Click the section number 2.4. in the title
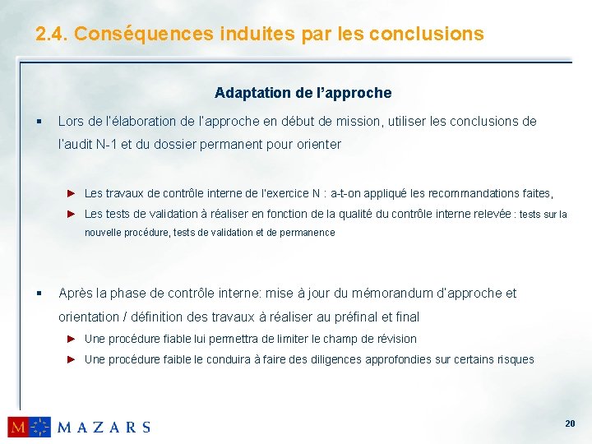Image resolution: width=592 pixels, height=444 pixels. click(x=52, y=34)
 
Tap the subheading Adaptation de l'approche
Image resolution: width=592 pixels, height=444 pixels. click(x=303, y=93)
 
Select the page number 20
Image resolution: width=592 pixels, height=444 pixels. click(x=570, y=423)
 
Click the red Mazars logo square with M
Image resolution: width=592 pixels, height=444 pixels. click(x=18, y=427)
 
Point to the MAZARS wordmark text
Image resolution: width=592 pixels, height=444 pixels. click(x=104, y=427)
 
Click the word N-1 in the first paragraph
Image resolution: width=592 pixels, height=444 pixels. click(x=107, y=144)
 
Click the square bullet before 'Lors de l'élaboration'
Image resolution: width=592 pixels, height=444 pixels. click(x=39, y=122)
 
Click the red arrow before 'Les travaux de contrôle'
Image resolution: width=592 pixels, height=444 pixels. click(x=72, y=193)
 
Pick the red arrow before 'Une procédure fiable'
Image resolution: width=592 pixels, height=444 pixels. click(x=72, y=339)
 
